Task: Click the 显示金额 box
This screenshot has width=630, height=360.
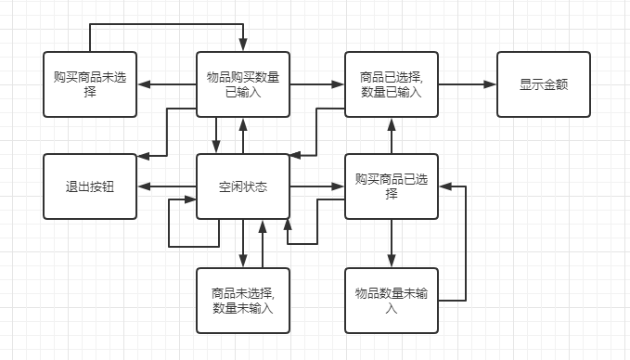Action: [543, 84]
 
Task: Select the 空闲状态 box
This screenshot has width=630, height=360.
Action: [242, 186]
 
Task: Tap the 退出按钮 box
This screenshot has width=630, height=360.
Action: [90, 186]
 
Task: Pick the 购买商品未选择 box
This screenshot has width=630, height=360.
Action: [90, 84]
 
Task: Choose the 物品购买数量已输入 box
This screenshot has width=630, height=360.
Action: [242, 84]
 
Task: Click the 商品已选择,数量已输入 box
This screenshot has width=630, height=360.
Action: [391, 84]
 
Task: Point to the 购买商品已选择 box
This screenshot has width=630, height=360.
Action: [391, 186]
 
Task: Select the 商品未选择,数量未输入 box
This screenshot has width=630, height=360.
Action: [242, 301]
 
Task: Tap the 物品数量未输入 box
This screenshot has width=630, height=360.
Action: [391, 301]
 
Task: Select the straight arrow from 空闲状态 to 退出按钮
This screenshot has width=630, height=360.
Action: [166, 186]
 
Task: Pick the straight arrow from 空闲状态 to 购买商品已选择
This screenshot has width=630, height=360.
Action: [316, 186]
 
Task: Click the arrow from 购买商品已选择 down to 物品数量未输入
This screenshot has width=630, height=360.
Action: [391, 243]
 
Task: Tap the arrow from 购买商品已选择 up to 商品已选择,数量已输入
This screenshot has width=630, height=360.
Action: [391, 135]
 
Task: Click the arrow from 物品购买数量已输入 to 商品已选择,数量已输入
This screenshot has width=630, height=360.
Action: [316, 84]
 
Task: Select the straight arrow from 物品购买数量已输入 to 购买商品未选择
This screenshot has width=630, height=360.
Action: [166, 84]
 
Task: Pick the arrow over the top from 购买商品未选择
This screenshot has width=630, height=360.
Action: [167, 24]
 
